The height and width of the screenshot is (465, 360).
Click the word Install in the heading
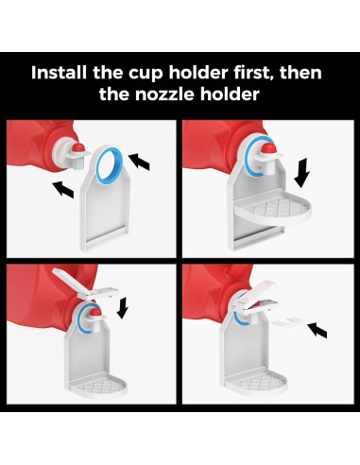point(59,72)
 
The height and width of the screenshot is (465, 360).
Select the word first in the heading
point(254,73)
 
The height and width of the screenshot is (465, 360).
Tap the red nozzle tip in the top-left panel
point(77,147)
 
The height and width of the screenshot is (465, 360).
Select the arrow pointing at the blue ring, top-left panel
point(139,162)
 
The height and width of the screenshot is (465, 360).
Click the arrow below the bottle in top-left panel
point(63,190)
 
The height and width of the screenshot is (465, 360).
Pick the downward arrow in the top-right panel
point(301,173)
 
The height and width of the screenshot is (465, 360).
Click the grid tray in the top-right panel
point(273,209)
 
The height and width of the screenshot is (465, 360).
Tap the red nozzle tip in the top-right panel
point(269,147)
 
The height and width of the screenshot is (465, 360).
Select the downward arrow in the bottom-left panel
point(123,307)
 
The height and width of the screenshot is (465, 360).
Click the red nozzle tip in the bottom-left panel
point(95,312)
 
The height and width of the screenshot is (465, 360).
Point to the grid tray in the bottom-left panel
point(98,386)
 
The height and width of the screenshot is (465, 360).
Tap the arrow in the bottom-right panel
point(317,330)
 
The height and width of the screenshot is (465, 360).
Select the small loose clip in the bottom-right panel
point(287,322)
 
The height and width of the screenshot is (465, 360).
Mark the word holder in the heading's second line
point(230,94)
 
